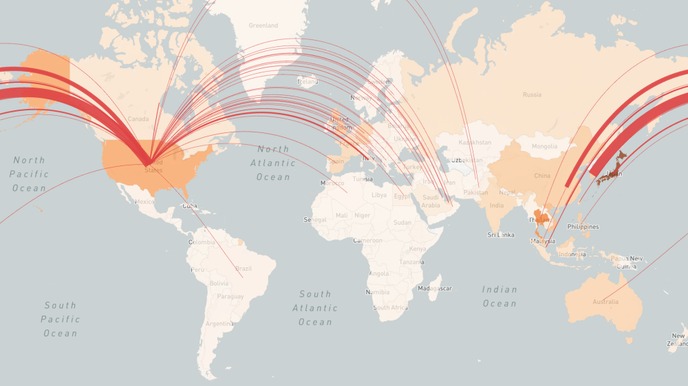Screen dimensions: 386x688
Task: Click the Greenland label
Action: pos(264,26)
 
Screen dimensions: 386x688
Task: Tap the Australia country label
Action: pos(605,302)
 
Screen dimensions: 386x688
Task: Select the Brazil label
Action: pos(244,268)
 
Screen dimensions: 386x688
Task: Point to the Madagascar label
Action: pos(436,288)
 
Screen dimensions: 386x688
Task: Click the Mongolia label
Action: pos(544,146)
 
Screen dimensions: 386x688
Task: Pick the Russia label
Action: pos(532,94)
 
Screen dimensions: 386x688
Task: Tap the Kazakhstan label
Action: pos(475,143)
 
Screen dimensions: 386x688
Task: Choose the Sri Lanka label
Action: pos(501,235)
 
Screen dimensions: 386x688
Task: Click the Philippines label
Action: pos(583,227)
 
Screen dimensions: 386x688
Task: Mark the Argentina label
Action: pos(219,323)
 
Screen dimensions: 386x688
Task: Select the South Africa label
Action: pos(390,307)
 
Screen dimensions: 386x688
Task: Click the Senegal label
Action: pos(315,220)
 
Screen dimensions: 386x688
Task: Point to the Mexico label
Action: pos(145,202)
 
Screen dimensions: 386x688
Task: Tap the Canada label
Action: pos(138,119)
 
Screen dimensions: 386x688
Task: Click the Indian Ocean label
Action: pos(499,296)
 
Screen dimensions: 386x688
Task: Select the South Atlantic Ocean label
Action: pos(315,308)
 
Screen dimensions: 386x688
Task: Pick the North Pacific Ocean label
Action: pos(30,174)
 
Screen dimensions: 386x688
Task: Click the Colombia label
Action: pos(202,242)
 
